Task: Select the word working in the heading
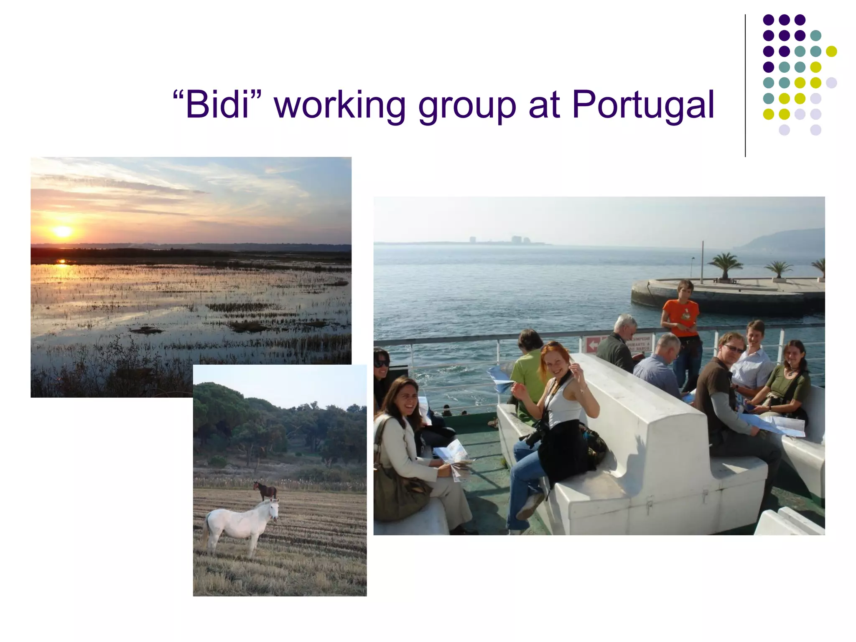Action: point(339,105)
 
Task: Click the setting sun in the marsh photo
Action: point(62,231)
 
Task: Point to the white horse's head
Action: point(273,509)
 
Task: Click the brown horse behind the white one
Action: point(265,490)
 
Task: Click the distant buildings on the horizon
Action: point(517,240)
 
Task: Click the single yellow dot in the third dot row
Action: point(831,51)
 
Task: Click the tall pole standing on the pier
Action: point(702,261)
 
